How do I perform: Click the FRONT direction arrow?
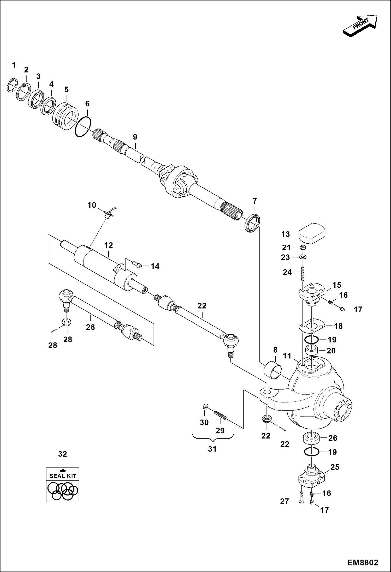(x=360, y=26)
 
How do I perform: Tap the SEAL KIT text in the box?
(x=63, y=476)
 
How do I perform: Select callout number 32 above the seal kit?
(x=63, y=454)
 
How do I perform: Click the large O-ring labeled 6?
(x=83, y=127)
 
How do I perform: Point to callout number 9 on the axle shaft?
(x=135, y=137)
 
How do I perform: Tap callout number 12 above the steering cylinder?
(x=109, y=245)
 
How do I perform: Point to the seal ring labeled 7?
(x=252, y=222)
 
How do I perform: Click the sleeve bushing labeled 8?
(x=273, y=370)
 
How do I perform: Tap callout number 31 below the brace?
(x=212, y=449)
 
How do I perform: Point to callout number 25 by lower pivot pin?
(x=335, y=467)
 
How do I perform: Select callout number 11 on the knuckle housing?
(x=287, y=356)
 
